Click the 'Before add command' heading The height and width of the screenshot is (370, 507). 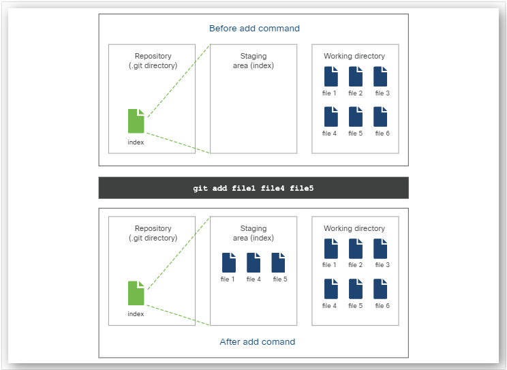[x=254, y=29]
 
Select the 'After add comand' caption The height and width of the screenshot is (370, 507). [x=258, y=341]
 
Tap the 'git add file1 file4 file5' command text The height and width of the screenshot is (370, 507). [x=253, y=187]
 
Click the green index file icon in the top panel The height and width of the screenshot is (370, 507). [x=136, y=121]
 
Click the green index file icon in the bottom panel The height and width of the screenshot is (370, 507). [x=136, y=293]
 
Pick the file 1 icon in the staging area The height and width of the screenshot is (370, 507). [x=228, y=262]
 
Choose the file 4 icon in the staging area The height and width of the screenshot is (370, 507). [x=253, y=262]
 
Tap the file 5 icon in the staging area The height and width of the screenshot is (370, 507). [x=278, y=262]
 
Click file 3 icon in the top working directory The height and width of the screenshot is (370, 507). [x=380, y=76]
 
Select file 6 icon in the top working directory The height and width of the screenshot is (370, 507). [x=380, y=117]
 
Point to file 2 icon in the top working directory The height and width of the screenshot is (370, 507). [x=356, y=76]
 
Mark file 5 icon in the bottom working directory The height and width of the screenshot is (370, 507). [x=356, y=289]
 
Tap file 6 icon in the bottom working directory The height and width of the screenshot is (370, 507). [x=380, y=289]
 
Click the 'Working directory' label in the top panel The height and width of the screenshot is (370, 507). [x=354, y=56]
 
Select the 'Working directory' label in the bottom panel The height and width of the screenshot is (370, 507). [x=354, y=228]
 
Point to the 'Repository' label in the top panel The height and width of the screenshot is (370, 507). [x=153, y=56]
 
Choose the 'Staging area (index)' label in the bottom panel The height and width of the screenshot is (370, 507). [x=253, y=233]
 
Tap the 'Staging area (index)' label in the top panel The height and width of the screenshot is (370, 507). [x=253, y=61]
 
